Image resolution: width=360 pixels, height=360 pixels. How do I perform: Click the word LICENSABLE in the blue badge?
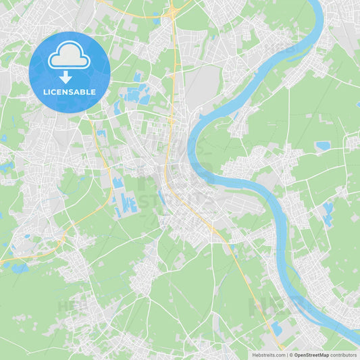69,92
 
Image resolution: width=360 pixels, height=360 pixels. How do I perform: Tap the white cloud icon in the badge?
69,55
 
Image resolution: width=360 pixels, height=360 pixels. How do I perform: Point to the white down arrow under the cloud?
66,76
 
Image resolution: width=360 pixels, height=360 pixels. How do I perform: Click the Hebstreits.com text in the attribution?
268,355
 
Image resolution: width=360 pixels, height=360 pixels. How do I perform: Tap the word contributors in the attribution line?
344,355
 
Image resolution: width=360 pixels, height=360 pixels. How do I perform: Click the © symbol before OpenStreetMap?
290,355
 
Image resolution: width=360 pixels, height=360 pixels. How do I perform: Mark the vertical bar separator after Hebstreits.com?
286,355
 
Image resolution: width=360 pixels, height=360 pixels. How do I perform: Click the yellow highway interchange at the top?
174,11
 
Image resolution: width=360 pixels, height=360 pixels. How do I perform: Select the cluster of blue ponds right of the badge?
135,95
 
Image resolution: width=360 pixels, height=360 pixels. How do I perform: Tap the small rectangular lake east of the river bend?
323,145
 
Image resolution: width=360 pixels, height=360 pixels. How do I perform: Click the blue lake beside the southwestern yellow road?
19,268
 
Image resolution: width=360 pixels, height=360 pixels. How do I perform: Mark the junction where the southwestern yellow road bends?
64,236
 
